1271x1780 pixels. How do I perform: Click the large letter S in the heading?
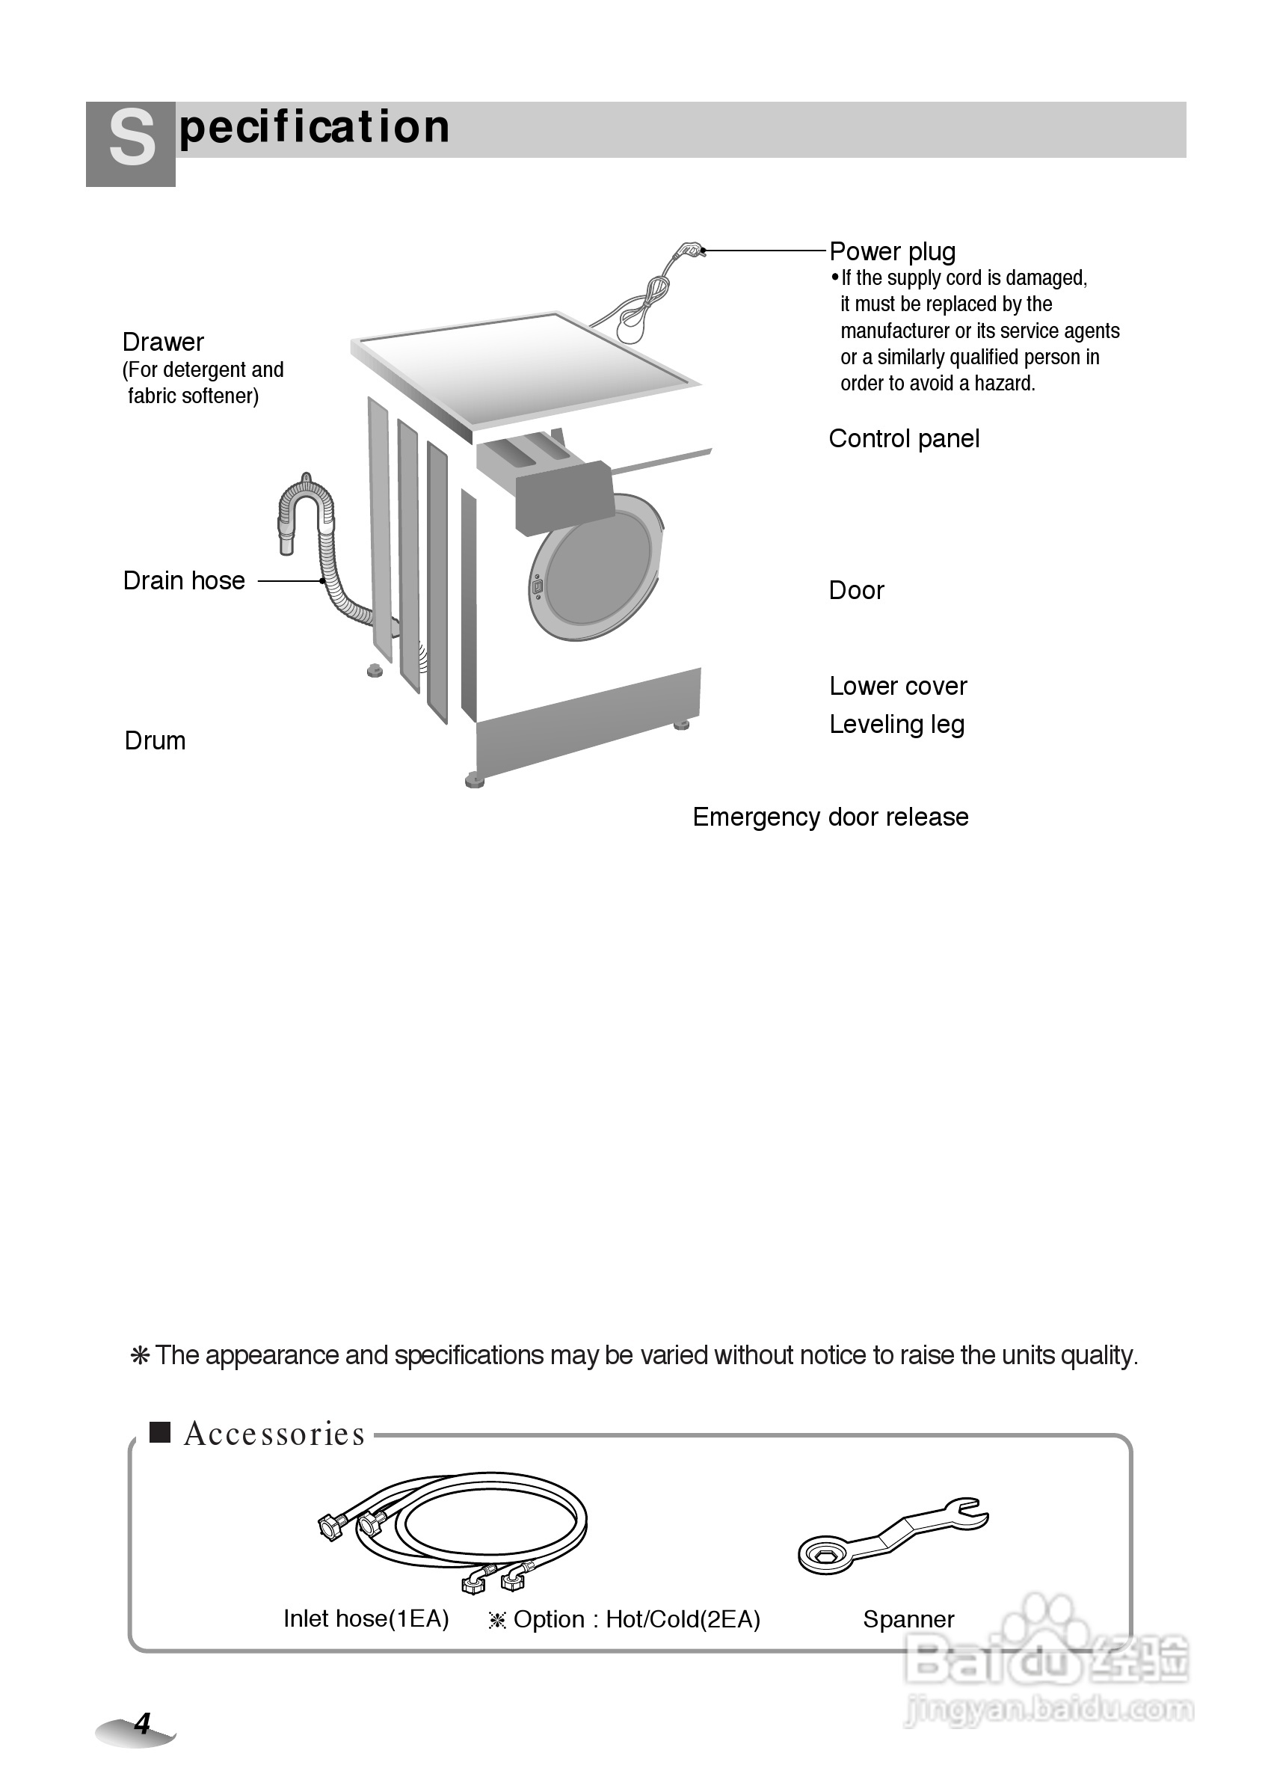point(132,139)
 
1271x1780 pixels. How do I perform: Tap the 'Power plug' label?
point(892,252)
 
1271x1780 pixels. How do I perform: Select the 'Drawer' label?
point(163,342)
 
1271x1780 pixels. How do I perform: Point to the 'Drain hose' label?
point(184,581)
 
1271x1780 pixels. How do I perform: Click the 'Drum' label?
point(155,740)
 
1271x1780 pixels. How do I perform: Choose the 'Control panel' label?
point(904,439)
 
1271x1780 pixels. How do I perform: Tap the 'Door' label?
point(856,590)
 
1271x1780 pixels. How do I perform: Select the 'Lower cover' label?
point(898,687)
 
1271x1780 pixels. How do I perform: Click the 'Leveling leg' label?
point(897,725)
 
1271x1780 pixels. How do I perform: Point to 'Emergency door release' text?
point(831,817)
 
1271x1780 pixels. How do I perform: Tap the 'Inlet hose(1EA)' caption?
point(366,1618)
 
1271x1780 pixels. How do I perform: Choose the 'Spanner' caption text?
point(908,1619)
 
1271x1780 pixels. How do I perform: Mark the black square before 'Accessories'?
point(161,1432)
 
